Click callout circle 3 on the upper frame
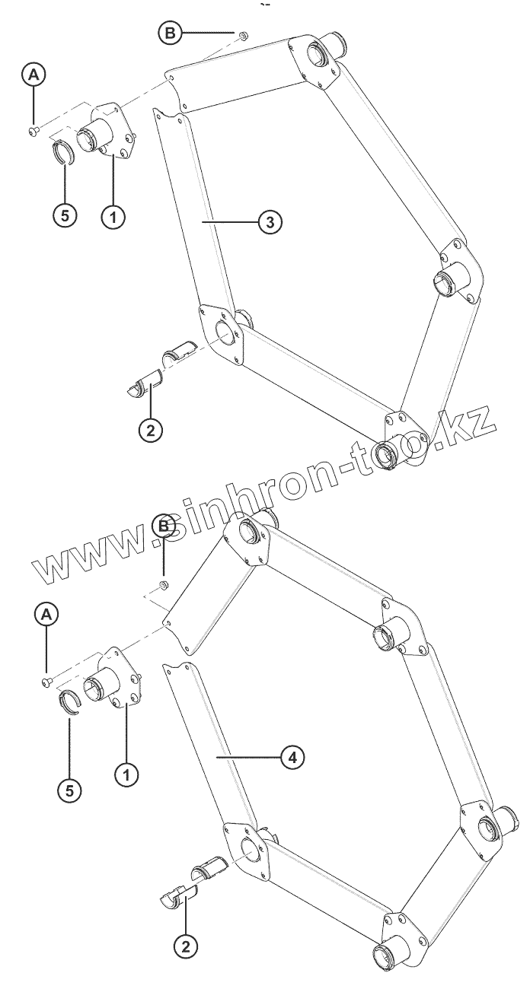pos(270,221)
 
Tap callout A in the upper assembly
pos(34,75)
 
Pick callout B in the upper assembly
pos(171,33)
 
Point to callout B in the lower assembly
pos(163,526)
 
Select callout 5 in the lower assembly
pos(69,790)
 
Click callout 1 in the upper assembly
pos(113,217)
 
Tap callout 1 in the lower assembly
pos(126,775)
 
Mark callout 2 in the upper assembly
pos(150,429)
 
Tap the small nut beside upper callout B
pos(241,35)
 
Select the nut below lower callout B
pos(162,584)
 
